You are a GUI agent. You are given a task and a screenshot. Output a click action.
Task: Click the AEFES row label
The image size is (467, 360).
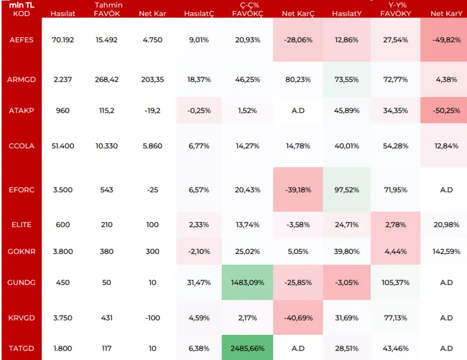coord(21,40)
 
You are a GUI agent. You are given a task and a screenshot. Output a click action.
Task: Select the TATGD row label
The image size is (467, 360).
coord(21,348)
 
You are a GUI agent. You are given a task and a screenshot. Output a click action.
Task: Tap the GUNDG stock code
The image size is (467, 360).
coord(21,283)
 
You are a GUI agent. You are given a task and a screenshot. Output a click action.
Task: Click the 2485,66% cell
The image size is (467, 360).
coord(247,348)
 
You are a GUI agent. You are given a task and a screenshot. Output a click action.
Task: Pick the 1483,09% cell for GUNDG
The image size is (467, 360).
coord(247,283)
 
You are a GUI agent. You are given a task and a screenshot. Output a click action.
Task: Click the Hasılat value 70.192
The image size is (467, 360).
coord(63,40)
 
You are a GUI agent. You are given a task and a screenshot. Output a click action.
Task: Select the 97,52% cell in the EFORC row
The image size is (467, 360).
coord(346,190)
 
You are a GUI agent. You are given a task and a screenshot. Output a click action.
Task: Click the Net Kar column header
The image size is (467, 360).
coord(152,14)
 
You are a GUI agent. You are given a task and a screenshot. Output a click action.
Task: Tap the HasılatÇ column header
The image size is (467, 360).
coord(199,14)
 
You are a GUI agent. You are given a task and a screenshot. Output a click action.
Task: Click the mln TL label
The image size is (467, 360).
coord(21,5)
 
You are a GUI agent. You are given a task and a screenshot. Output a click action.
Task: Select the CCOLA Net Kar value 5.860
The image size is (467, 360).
coord(152,146)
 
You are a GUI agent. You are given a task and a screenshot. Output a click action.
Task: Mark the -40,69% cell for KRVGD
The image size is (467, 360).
coord(298,318)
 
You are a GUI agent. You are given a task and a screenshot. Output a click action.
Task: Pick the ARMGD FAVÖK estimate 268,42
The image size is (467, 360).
coord(107,79)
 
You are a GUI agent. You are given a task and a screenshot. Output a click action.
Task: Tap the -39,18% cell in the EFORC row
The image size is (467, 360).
coord(298,190)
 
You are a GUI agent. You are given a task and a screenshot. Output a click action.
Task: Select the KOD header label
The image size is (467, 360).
coord(21,14)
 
